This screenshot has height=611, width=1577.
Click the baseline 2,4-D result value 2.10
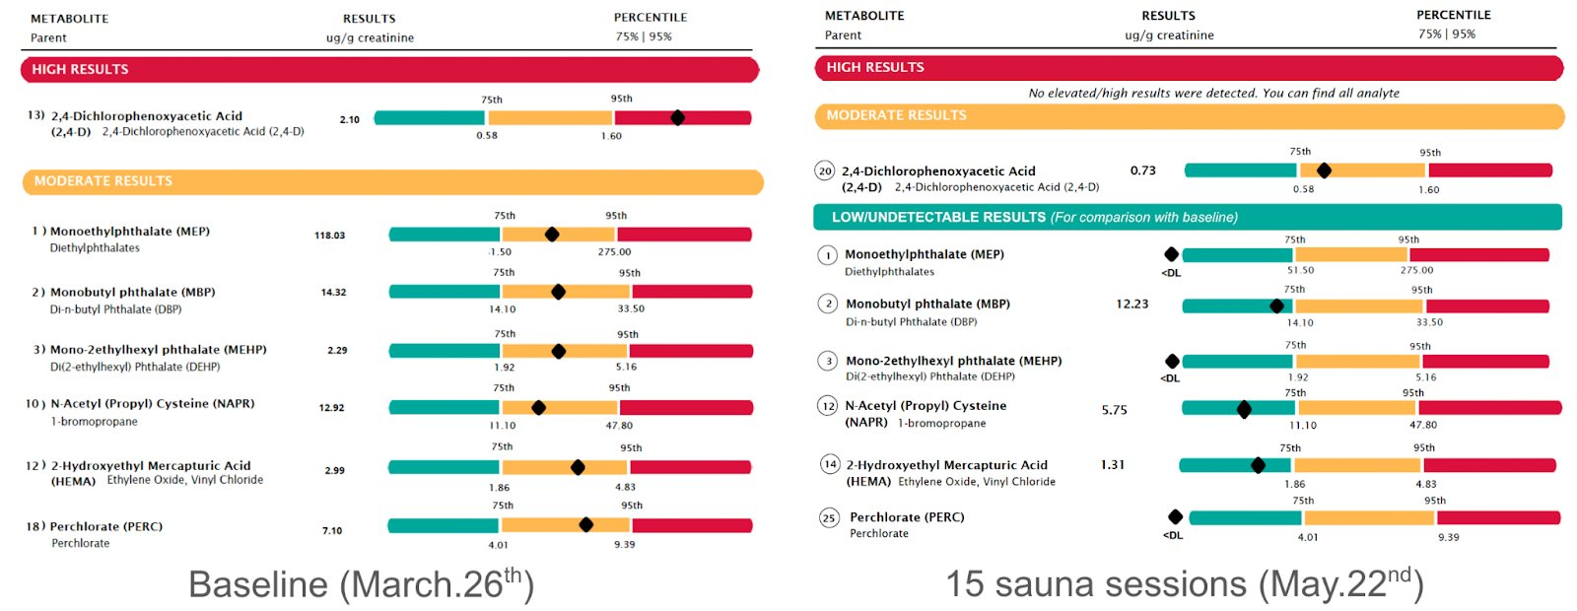click(x=349, y=120)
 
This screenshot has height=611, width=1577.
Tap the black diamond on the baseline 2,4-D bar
click(x=677, y=117)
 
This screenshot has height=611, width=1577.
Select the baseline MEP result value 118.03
click(x=329, y=236)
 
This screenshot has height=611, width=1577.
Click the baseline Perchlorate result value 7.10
click(x=332, y=531)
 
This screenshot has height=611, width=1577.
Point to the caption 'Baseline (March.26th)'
click(x=361, y=584)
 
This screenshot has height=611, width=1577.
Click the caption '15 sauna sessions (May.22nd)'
click(x=1184, y=583)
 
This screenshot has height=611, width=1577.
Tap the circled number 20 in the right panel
click(x=825, y=171)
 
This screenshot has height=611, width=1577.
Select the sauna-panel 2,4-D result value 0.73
click(x=1142, y=170)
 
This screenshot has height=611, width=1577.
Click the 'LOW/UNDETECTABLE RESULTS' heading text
click(x=937, y=217)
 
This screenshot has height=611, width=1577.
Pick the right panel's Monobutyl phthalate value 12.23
click(x=1131, y=304)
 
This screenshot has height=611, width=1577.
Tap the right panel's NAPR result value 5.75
click(x=1114, y=410)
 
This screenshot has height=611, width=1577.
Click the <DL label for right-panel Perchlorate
click(x=1172, y=535)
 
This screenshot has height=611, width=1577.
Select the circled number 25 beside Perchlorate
click(x=829, y=518)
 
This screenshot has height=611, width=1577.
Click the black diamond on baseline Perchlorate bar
click(x=585, y=524)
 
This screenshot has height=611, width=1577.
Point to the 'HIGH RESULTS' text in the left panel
click(x=80, y=70)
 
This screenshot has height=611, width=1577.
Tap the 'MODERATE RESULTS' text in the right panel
click(x=896, y=115)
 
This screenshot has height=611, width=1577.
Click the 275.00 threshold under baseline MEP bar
click(x=614, y=252)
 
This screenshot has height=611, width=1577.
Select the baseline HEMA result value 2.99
click(x=334, y=471)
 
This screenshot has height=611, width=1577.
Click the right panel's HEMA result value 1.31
click(x=1112, y=465)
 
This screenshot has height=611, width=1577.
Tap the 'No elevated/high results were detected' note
click(x=1213, y=93)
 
